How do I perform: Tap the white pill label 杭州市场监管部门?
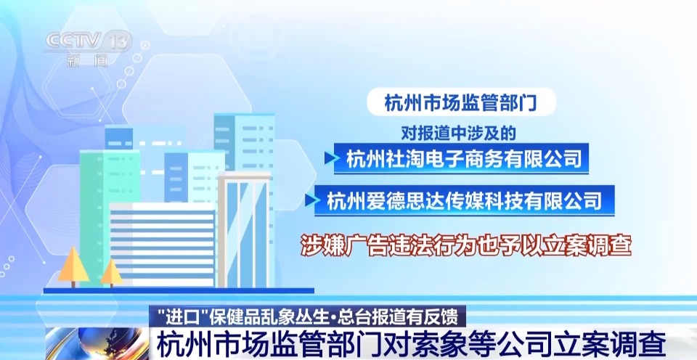(x=461, y=102)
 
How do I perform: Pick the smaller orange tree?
(x=112, y=271)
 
